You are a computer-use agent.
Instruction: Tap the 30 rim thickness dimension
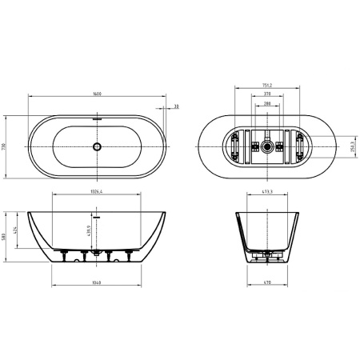174,106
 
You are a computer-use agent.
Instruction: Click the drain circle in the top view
97,146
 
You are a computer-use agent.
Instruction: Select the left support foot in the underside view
238,147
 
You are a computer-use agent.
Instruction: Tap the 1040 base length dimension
97,283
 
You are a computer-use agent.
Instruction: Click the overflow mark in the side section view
96,215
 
